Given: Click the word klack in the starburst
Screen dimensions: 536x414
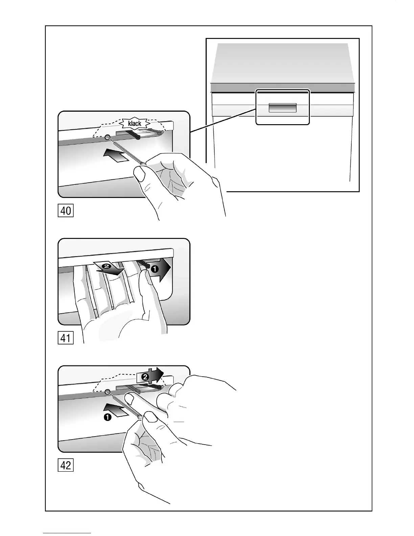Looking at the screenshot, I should pyautogui.click(x=135, y=124).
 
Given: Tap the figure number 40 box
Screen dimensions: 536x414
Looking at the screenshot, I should pyautogui.click(x=66, y=211).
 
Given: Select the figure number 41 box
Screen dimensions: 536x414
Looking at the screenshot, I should pyautogui.click(x=66, y=338).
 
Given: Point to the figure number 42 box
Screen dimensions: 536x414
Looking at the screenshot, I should pyautogui.click(x=66, y=465).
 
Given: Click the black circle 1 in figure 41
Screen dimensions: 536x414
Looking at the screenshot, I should pyautogui.click(x=155, y=269).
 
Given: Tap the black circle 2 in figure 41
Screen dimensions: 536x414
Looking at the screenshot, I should pyautogui.click(x=107, y=266).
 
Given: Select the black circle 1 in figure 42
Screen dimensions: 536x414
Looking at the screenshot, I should pyautogui.click(x=108, y=418).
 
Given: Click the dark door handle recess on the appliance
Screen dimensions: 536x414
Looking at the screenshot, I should pyautogui.click(x=282, y=108).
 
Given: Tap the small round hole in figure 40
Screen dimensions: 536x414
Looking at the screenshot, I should pyautogui.click(x=108, y=137).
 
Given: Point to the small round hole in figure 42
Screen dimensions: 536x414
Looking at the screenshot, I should pyautogui.click(x=108, y=392).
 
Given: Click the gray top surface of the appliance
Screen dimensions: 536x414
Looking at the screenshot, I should pyautogui.click(x=282, y=63).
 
